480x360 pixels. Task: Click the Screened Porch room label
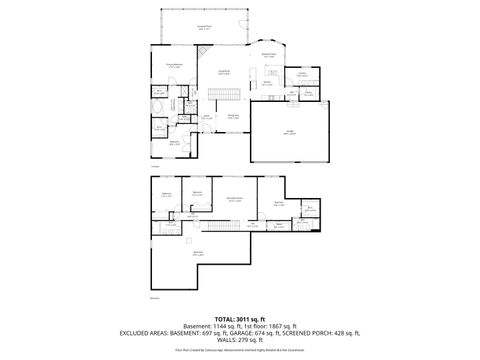[x=204, y=28]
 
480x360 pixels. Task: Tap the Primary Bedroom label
[x=172, y=66]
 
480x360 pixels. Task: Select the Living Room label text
[x=225, y=72]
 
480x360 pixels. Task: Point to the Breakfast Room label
[x=268, y=56]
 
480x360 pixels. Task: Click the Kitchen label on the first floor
[x=268, y=85]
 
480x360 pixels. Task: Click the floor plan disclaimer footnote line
[x=239, y=351]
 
